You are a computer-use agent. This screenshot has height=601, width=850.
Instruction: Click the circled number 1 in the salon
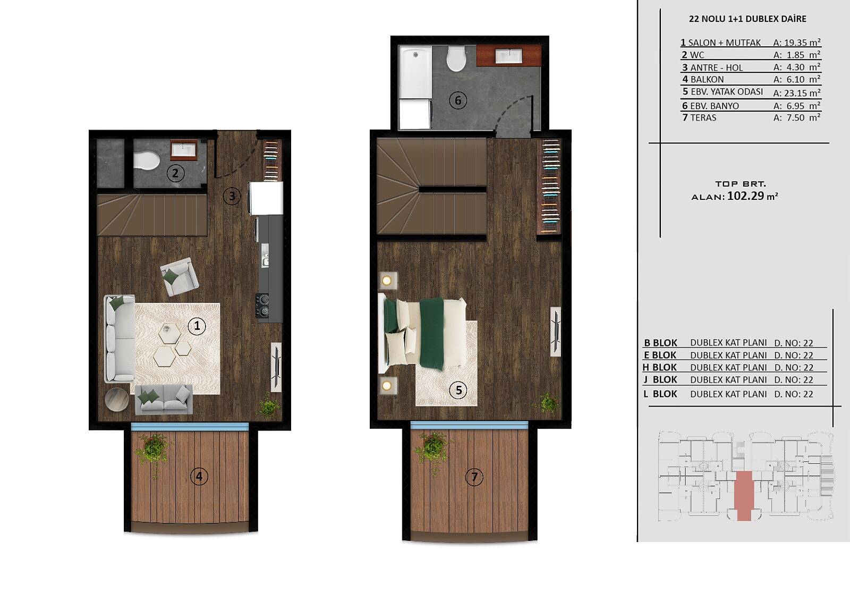(197, 326)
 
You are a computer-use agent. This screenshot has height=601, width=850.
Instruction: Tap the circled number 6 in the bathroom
(457, 100)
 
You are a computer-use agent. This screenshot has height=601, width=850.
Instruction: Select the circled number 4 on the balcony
(199, 476)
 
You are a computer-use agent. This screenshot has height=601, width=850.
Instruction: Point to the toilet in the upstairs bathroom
(456, 58)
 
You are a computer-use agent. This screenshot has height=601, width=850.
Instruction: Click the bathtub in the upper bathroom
(416, 72)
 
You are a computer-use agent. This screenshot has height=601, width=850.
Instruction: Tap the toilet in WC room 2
(146, 160)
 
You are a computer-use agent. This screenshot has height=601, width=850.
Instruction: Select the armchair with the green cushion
(179, 276)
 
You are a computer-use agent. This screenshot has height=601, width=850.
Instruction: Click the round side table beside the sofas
(117, 400)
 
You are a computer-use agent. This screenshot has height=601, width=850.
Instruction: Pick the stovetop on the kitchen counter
(262, 306)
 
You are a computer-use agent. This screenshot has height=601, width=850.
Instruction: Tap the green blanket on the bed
(432, 333)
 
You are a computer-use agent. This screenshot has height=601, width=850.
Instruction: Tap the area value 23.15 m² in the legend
(796, 92)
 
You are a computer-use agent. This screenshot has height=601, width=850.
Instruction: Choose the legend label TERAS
(703, 117)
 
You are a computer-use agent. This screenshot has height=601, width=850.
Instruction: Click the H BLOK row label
(660, 368)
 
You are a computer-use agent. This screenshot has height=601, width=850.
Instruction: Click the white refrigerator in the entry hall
(266, 198)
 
